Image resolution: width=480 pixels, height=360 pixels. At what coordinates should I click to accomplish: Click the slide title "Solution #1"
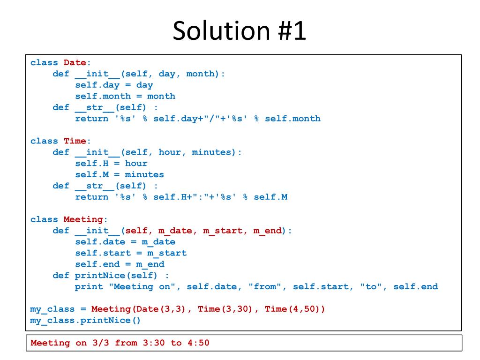[240, 31]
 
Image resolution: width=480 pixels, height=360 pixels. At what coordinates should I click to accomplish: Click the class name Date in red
[75, 62]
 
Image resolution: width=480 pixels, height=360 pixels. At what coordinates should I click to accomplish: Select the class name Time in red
[75, 141]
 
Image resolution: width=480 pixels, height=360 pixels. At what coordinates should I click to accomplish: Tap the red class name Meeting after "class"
[83, 219]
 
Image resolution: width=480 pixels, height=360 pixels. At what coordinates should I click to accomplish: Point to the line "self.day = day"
[114, 85]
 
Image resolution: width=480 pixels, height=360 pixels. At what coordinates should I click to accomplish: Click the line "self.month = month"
[125, 96]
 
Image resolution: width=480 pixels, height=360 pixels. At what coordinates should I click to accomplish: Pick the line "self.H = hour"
[111, 163]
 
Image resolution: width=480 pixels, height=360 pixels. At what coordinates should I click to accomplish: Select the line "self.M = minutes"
[120, 174]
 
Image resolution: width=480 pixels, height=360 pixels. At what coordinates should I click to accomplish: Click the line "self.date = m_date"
[125, 242]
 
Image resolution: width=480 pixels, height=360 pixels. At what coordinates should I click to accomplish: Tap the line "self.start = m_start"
[131, 253]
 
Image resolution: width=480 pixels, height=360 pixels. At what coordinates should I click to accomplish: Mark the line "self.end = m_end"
[120, 264]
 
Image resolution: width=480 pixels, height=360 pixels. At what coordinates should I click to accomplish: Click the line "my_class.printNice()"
[85, 321]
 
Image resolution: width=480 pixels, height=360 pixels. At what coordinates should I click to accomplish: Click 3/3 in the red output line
[100, 343]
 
